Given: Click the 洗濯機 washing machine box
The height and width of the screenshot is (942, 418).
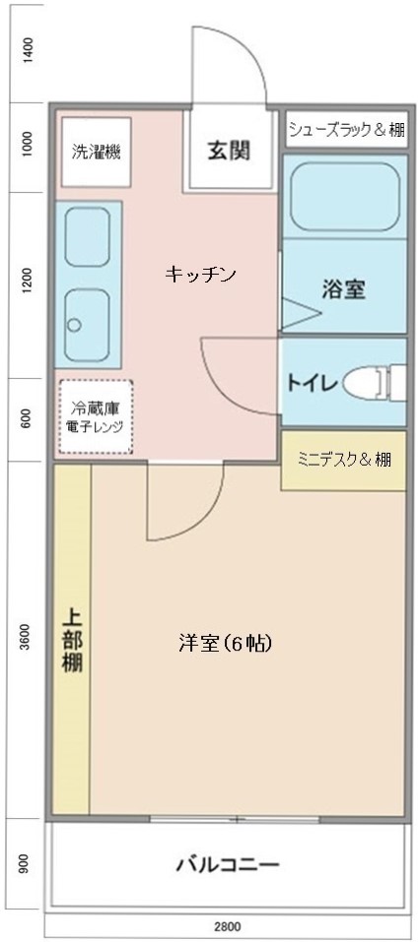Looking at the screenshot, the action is pyautogui.click(x=97, y=152).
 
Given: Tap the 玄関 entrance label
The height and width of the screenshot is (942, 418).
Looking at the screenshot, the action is pyautogui.click(x=229, y=151).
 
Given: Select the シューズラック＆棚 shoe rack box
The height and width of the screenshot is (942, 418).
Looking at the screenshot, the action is pyautogui.click(x=346, y=129).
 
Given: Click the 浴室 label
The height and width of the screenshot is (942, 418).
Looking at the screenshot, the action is pyautogui.click(x=344, y=289).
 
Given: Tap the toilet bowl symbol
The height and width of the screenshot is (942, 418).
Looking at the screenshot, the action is pyautogui.click(x=374, y=381).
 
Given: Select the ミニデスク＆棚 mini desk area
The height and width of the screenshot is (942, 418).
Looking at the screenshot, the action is pyautogui.click(x=344, y=461).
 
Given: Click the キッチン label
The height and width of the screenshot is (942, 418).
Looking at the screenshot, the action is pyautogui.click(x=200, y=275).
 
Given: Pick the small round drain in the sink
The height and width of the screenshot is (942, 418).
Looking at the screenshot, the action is pyautogui.click(x=74, y=325).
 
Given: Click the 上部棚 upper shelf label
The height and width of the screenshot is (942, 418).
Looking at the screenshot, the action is pyautogui.click(x=73, y=641).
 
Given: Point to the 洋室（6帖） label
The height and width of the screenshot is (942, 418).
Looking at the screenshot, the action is pyautogui.click(x=226, y=643).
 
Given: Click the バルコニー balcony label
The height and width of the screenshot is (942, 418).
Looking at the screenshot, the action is pyautogui.click(x=228, y=865).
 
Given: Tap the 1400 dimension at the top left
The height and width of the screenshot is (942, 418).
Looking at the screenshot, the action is pyautogui.click(x=27, y=50).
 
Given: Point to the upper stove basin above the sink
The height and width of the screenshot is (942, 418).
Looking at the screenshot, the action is pyautogui.click(x=87, y=236).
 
